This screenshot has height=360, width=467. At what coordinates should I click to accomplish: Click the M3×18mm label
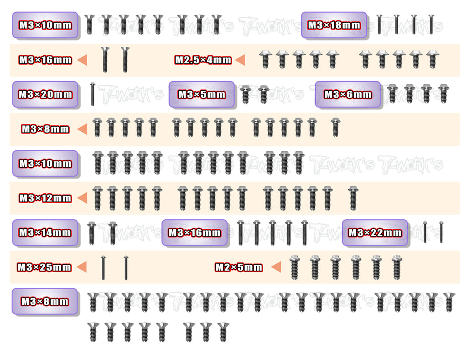click(334, 25)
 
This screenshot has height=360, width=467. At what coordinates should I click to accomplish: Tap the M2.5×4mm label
click(203, 60)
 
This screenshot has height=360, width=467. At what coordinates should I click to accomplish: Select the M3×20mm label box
click(45, 95)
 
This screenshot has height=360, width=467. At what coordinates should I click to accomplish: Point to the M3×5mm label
click(202, 95)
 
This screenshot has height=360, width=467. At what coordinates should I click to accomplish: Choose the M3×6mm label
click(348, 95)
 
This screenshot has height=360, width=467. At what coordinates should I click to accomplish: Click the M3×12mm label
click(45, 198)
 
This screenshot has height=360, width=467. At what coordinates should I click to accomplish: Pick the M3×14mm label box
click(45, 233)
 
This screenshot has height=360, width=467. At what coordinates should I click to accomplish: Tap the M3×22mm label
click(375, 233)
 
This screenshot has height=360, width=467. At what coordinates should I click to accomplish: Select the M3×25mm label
click(44, 267)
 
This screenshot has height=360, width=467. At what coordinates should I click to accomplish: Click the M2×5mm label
click(239, 267)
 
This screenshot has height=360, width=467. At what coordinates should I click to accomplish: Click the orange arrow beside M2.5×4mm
click(240, 60)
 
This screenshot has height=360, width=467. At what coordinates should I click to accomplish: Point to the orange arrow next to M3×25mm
click(82, 267)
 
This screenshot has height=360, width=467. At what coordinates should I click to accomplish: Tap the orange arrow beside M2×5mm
click(276, 267)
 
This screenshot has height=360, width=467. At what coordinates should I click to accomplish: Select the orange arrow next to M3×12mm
click(82, 198)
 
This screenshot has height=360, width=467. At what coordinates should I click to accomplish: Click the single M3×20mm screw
click(93, 94)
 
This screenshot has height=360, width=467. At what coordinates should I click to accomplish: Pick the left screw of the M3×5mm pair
click(245, 94)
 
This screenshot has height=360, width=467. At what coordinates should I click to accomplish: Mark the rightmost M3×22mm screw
click(441, 232)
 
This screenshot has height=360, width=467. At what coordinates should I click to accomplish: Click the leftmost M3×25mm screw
click(104, 268)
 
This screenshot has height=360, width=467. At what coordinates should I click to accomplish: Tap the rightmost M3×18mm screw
click(431, 25)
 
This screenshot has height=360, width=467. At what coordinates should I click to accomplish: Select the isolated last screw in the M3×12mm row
click(353, 198)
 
